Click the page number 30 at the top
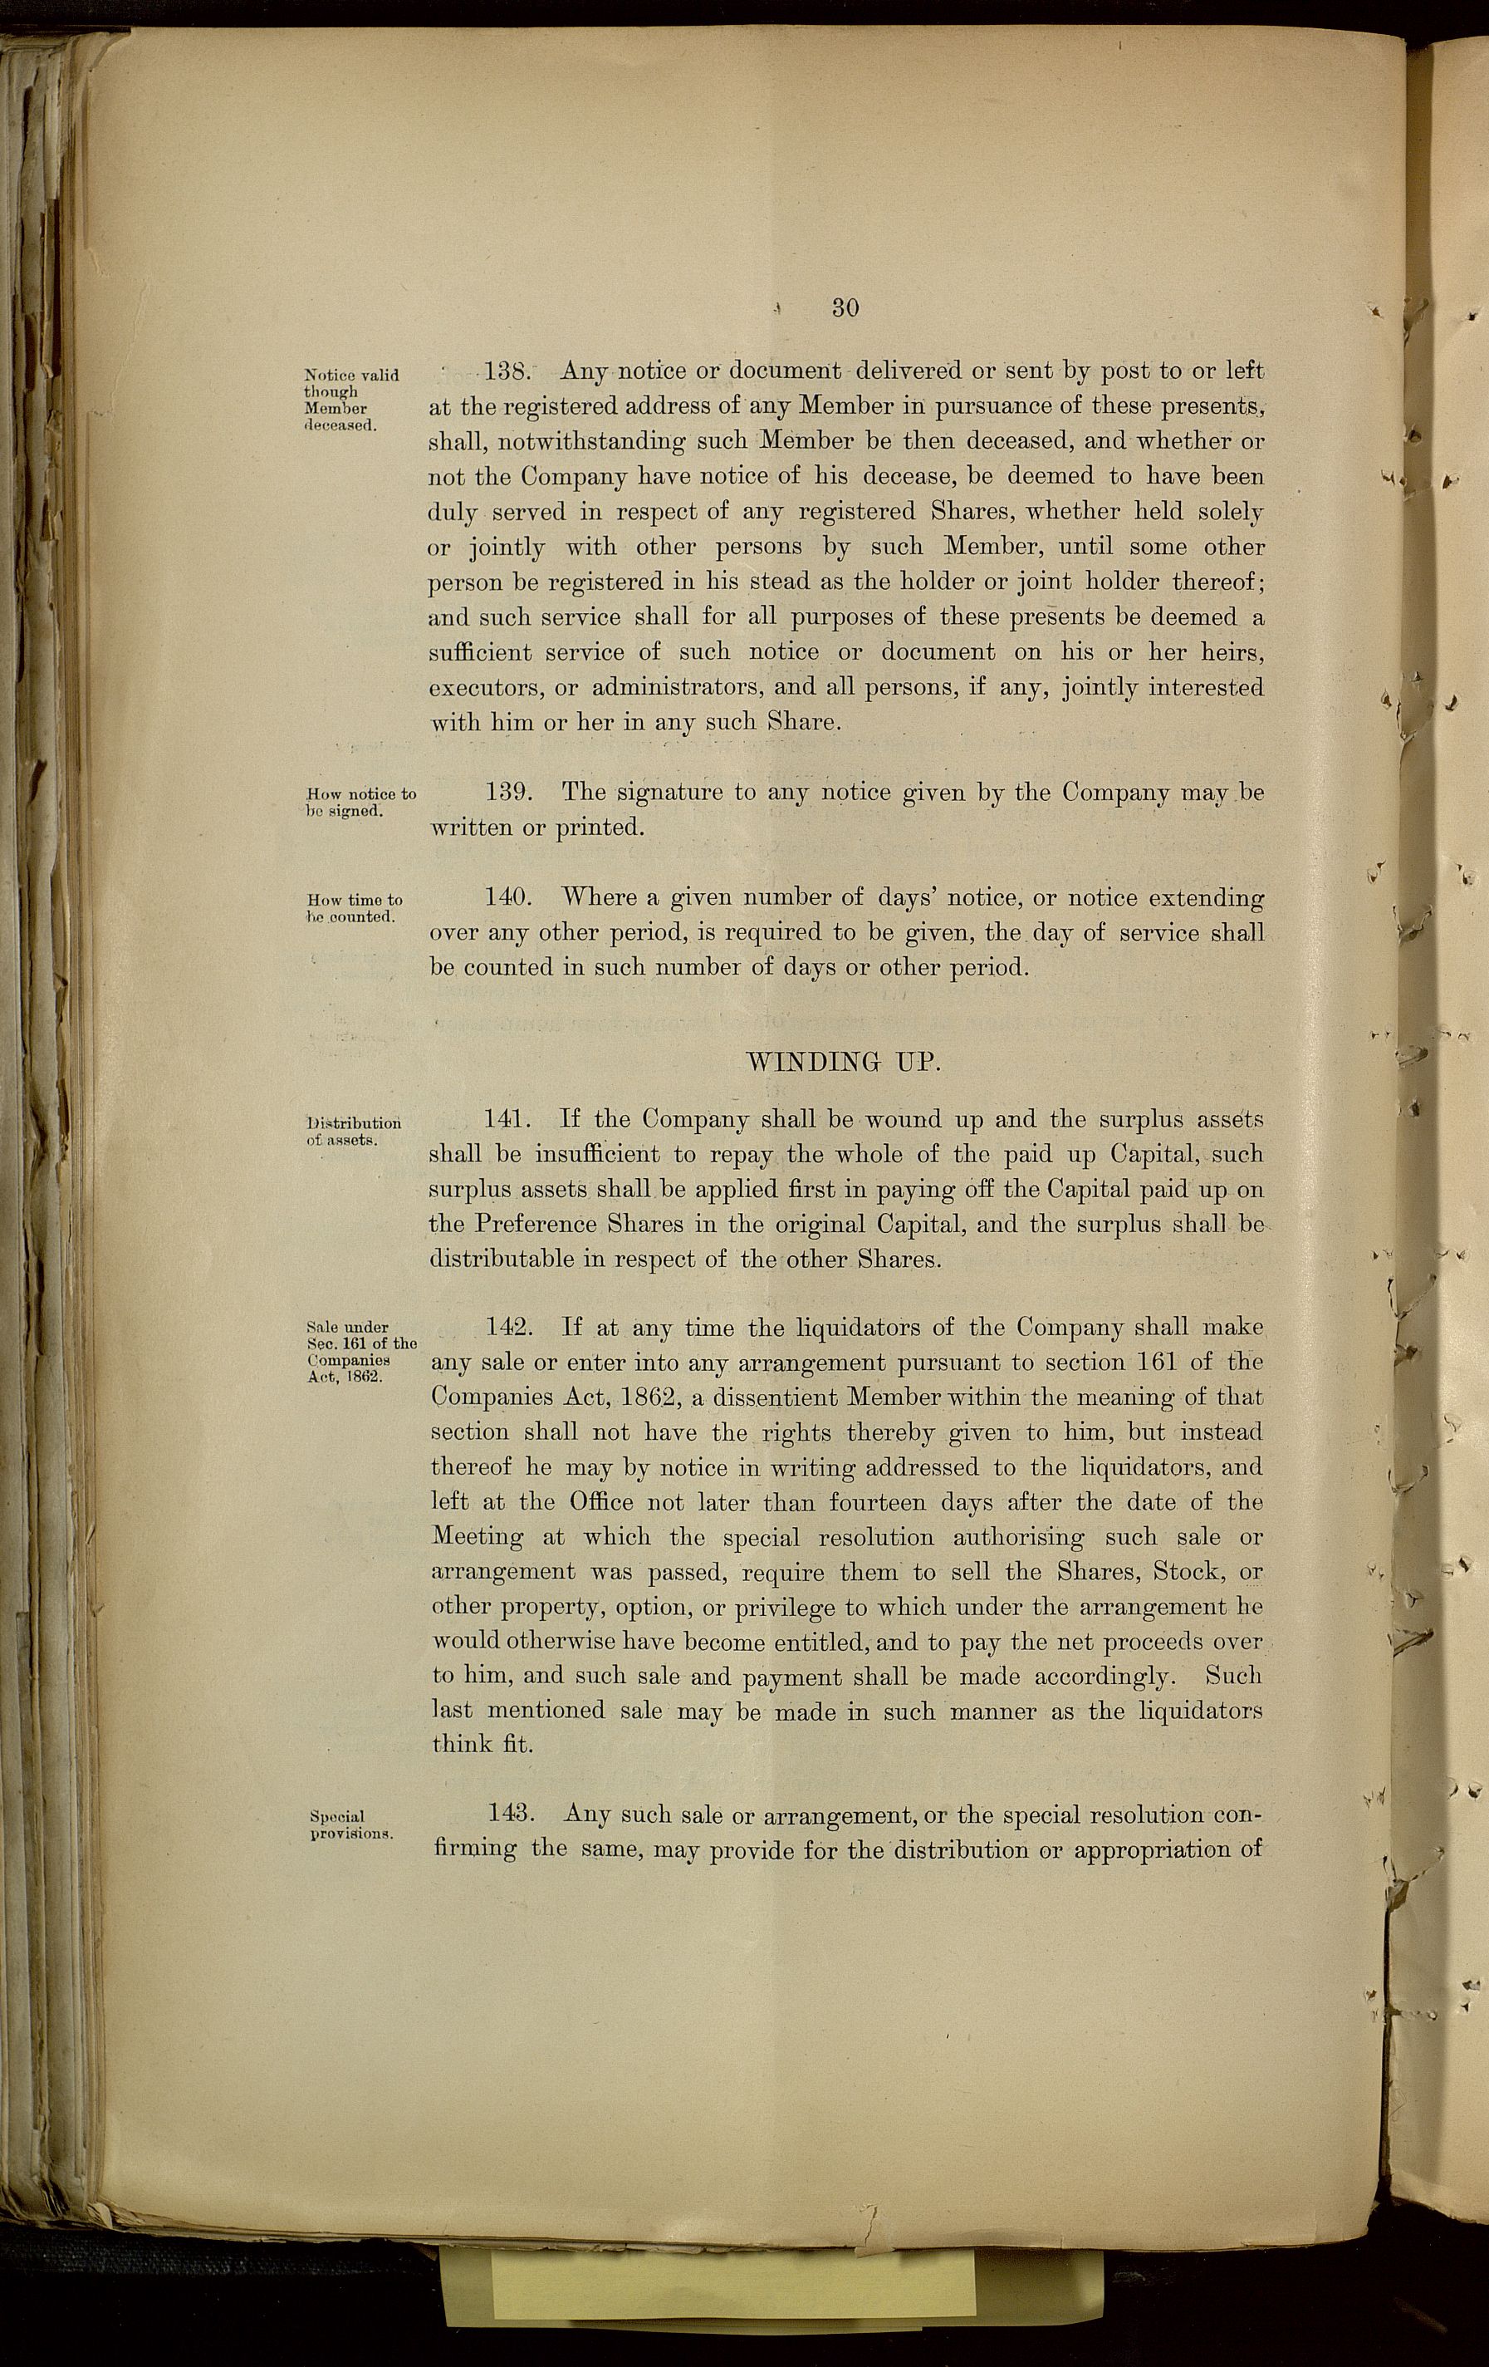coord(845,307)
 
